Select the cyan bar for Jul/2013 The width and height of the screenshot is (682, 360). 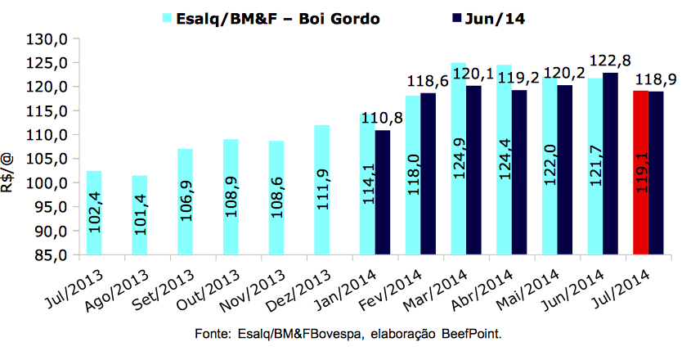pyautogui.click(x=94, y=213)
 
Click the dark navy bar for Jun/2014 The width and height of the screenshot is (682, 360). pyautogui.click(x=610, y=164)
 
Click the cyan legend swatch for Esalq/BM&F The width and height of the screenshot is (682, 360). pyautogui.click(x=168, y=16)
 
